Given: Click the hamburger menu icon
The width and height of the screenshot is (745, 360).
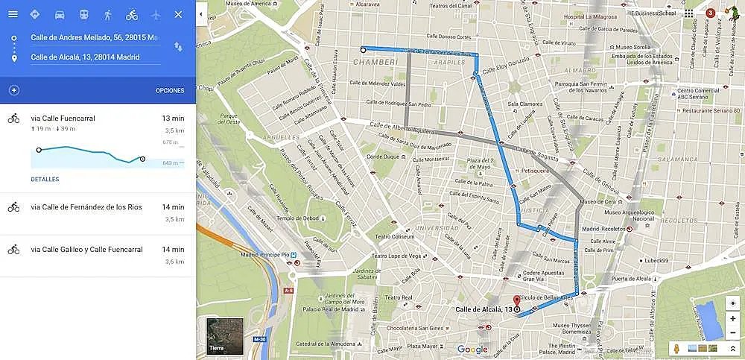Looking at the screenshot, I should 13,14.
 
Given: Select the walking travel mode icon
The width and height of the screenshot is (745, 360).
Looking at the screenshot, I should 108,14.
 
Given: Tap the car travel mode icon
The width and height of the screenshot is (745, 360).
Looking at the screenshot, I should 60,14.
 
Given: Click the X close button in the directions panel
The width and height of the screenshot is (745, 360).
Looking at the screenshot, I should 177,14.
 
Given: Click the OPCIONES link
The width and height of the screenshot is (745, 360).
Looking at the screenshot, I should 170,91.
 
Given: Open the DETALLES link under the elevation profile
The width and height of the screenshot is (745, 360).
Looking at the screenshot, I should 45,180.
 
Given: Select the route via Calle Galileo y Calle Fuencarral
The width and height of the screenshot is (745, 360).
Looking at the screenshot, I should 86,250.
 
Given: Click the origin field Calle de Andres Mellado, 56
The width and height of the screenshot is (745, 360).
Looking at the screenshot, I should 94,37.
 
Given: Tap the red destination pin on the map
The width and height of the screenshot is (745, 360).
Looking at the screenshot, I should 517,303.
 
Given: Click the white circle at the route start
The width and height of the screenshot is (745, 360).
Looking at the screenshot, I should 363,50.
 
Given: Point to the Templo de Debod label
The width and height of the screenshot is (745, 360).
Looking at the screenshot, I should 277,217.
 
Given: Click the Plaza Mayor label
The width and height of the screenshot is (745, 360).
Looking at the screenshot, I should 422,347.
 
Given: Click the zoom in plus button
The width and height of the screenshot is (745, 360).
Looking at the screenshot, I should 733,319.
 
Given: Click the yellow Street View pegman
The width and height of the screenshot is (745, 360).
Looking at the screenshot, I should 676,348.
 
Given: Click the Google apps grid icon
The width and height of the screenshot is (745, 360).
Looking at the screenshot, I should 688,13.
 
